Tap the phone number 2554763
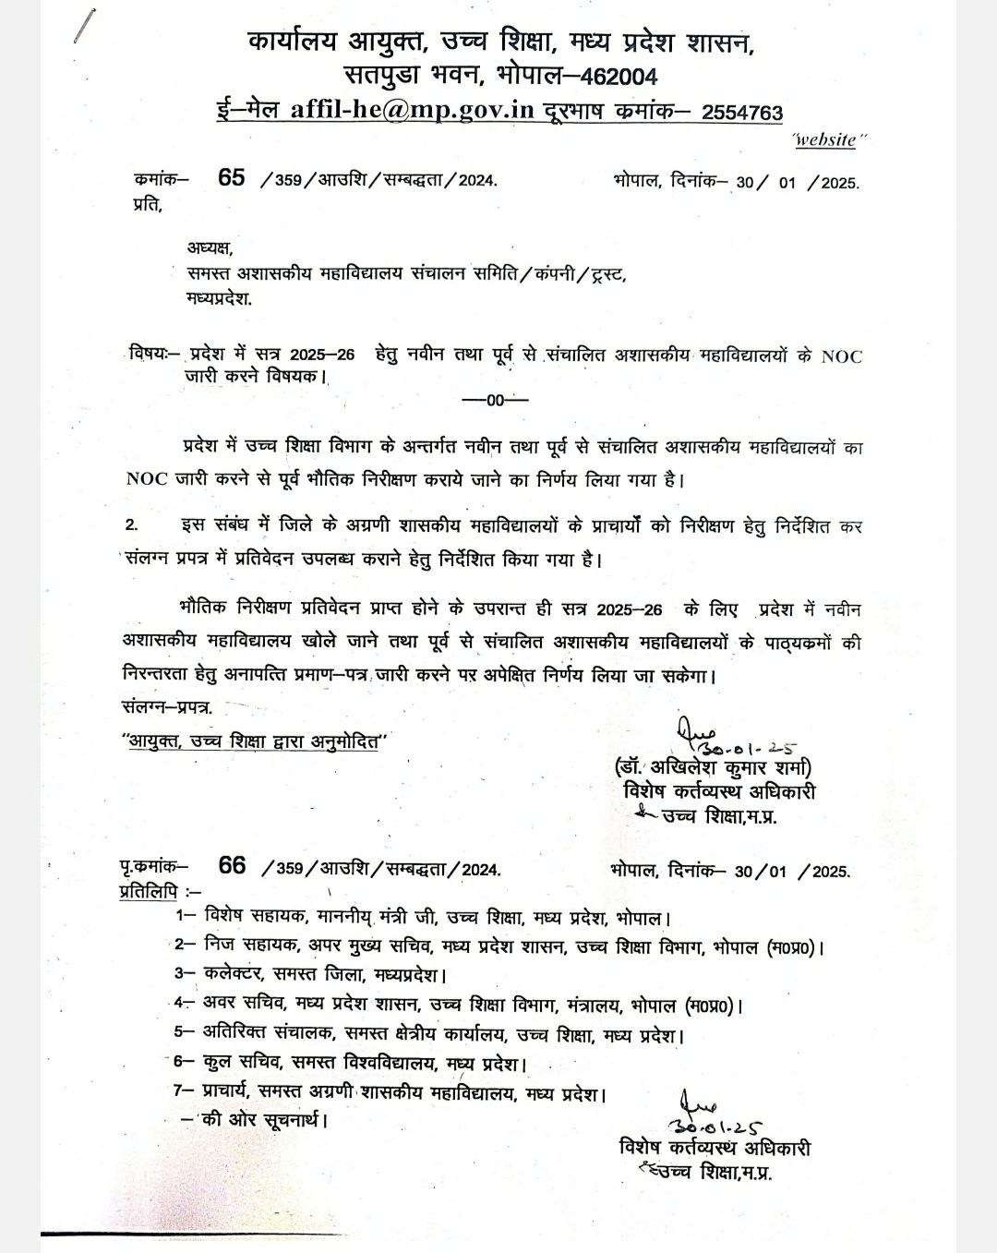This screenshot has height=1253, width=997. tap(742, 113)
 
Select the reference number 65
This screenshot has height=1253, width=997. tap(232, 178)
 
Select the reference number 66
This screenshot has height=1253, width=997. tap(233, 865)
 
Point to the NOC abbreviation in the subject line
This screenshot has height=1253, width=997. tap(841, 356)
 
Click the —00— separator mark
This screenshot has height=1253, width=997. tap(494, 400)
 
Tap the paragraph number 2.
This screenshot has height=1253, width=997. tap(132, 524)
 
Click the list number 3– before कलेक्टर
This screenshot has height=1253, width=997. tap(185, 973)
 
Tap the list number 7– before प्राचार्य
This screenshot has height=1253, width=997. tap(185, 1090)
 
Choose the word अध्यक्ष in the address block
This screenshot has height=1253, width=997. tap(210, 247)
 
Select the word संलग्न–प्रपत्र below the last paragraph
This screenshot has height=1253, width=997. tap(167, 707)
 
